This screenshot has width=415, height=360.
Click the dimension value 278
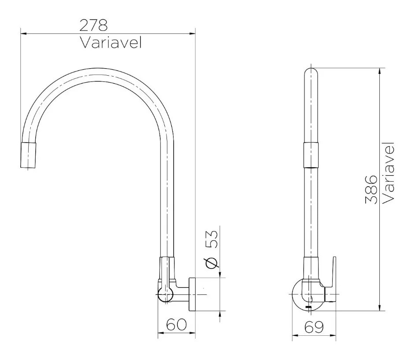coord(93,25)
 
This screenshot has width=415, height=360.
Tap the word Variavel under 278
coord(111,43)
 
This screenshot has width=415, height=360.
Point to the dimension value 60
coord(176,325)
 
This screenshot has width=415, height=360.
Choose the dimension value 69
coord(313,327)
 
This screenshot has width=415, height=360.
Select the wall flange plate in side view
coord(192,294)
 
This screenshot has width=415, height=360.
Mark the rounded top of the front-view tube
coord(311,73)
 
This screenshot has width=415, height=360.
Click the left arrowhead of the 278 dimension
coord(23,33)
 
